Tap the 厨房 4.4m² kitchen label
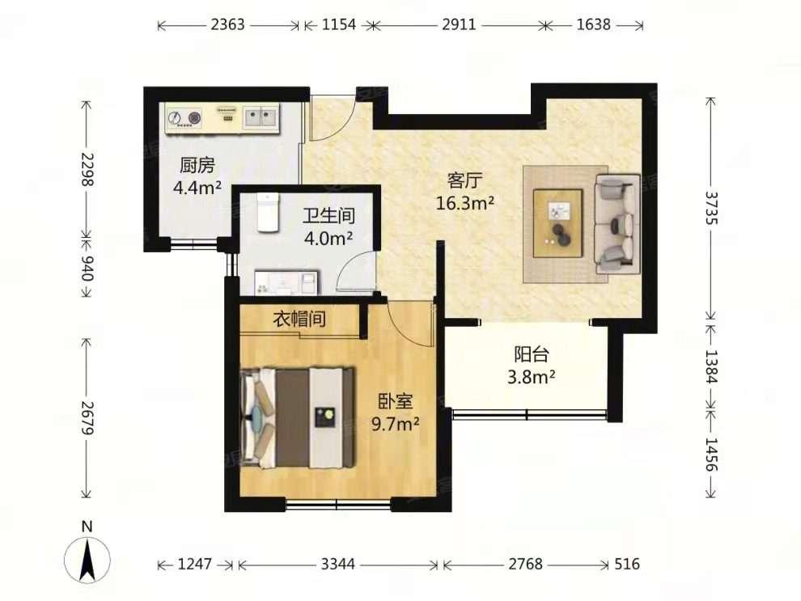click(197, 177)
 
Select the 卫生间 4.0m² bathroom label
click(328, 227)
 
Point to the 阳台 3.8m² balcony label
click(532, 365)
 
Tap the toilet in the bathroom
click(266, 212)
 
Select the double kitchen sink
click(260, 119)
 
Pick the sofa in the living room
click(617, 222)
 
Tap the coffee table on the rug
click(558, 216)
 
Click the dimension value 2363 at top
click(227, 25)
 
